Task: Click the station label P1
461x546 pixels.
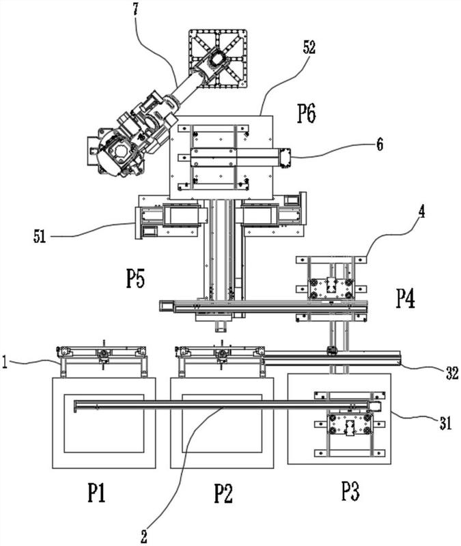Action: (96, 493)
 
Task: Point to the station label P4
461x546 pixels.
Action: (406, 299)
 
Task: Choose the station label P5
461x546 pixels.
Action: (135, 278)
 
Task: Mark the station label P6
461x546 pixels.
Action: (307, 113)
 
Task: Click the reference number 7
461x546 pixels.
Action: (135, 9)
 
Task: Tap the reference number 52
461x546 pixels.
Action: (309, 47)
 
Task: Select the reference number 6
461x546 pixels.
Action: (380, 144)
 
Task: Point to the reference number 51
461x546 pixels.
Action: (40, 237)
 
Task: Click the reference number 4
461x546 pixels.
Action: (421, 212)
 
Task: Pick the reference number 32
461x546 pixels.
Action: (452, 373)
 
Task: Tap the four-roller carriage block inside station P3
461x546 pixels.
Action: (350, 425)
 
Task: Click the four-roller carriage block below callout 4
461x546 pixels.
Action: (331, 288)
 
